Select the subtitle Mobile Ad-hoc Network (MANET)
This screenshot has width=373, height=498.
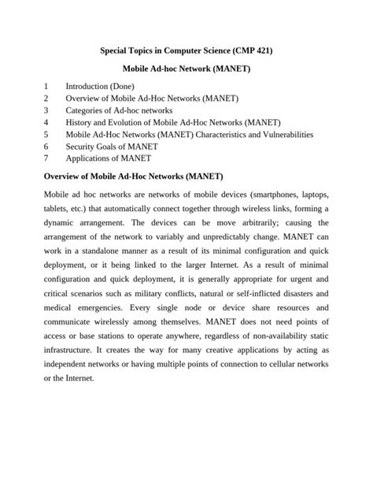186,69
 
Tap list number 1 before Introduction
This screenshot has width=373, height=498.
47,86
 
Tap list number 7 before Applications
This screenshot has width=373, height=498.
47,158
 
